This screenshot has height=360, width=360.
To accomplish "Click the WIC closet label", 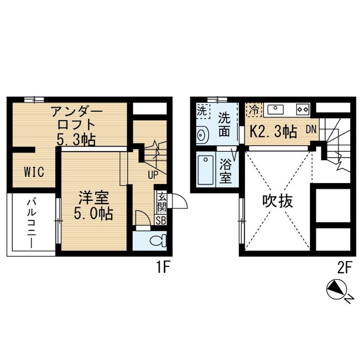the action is click(x=34, y=172).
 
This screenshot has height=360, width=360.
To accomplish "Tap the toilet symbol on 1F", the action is click(x=158, y=240).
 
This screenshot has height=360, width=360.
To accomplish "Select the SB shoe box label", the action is click(x=161, y=220).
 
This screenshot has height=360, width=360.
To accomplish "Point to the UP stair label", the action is click(x=153, y=175).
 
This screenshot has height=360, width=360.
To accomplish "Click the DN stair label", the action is click(x=311, y=130).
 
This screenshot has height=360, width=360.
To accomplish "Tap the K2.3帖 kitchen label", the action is click(x=273, y=131).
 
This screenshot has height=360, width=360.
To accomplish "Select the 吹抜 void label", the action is click(x=278, y=201).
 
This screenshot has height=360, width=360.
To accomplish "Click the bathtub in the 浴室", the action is click(x=206, y=170).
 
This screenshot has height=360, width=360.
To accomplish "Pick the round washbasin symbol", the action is click(x=202, y=134).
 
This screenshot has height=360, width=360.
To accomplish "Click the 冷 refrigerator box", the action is click(x=254, y=110).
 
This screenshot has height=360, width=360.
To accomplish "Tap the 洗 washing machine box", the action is click(x=203, y=111).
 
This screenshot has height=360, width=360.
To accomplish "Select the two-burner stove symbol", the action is click(x=302, y=109).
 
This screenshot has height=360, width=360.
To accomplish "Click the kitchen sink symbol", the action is click(x=275, y=109).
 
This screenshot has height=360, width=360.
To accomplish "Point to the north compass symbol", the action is click(x=336, y=290).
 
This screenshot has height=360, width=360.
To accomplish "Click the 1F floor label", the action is click(x=163, y=268).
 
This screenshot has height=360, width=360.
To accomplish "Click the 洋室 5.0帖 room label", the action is click(x=94, y=205).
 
